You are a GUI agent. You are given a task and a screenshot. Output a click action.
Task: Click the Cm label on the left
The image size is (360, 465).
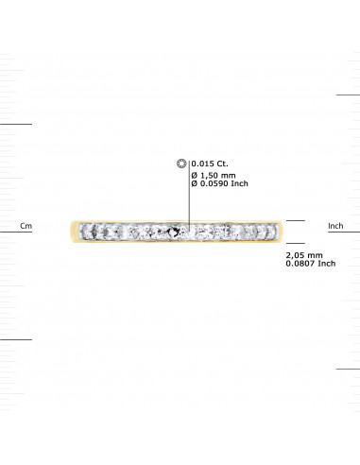[x=26, y=227]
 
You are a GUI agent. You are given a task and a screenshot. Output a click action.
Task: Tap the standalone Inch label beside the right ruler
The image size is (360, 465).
[x=334, y=227]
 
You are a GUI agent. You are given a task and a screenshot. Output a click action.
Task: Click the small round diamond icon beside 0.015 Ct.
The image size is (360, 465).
[x=183, y=164]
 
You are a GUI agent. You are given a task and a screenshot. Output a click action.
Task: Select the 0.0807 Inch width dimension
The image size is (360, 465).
[x=310, y=265]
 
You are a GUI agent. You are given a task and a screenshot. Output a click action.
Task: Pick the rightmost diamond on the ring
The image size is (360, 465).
[x=276, y=229]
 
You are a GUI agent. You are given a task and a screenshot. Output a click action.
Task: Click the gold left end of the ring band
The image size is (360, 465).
[x=74, y=229]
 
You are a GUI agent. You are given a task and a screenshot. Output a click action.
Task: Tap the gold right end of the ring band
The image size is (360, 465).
[x=283, y=229]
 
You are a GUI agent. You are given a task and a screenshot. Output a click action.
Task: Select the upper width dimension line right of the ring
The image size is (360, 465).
[x=296, y=220]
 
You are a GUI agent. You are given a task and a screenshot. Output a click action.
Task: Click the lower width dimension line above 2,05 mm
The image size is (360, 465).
[x=296, y=241]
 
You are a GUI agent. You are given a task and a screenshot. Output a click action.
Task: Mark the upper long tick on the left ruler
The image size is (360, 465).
[x=16, y=123]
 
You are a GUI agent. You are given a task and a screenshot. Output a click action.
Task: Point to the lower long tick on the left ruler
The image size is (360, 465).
[x=16, y=337]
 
